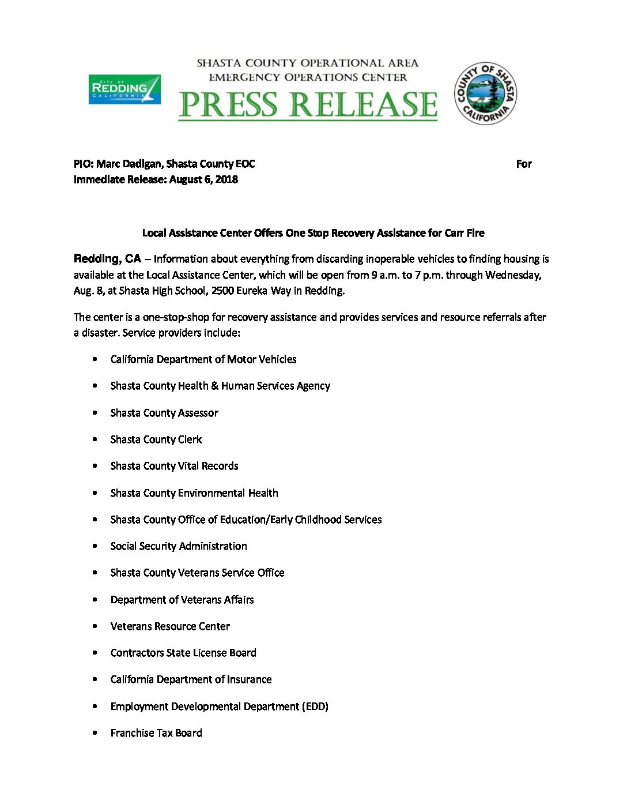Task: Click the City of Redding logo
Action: (x=124, y=89)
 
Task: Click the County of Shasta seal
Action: (x=485, y=93)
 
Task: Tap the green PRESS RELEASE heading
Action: (x=308, y=104)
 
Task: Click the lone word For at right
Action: (x=523, y=164)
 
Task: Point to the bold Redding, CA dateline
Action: (x=107, y=258)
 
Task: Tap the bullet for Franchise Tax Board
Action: (x=95, y=733)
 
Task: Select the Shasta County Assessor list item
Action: (x=164, y=413)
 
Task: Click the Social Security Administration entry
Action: (x=179, y=546)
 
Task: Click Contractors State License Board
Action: (x=183, y=653)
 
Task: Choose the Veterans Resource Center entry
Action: (x=170, y=626)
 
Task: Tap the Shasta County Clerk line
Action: (x=156, y=439)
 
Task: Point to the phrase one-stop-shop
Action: (x=176, y=317)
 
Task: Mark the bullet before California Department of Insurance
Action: (x=95, y=679)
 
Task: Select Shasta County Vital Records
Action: (x=174, y=466)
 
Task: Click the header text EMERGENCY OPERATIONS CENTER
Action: (x=308, y=77)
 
